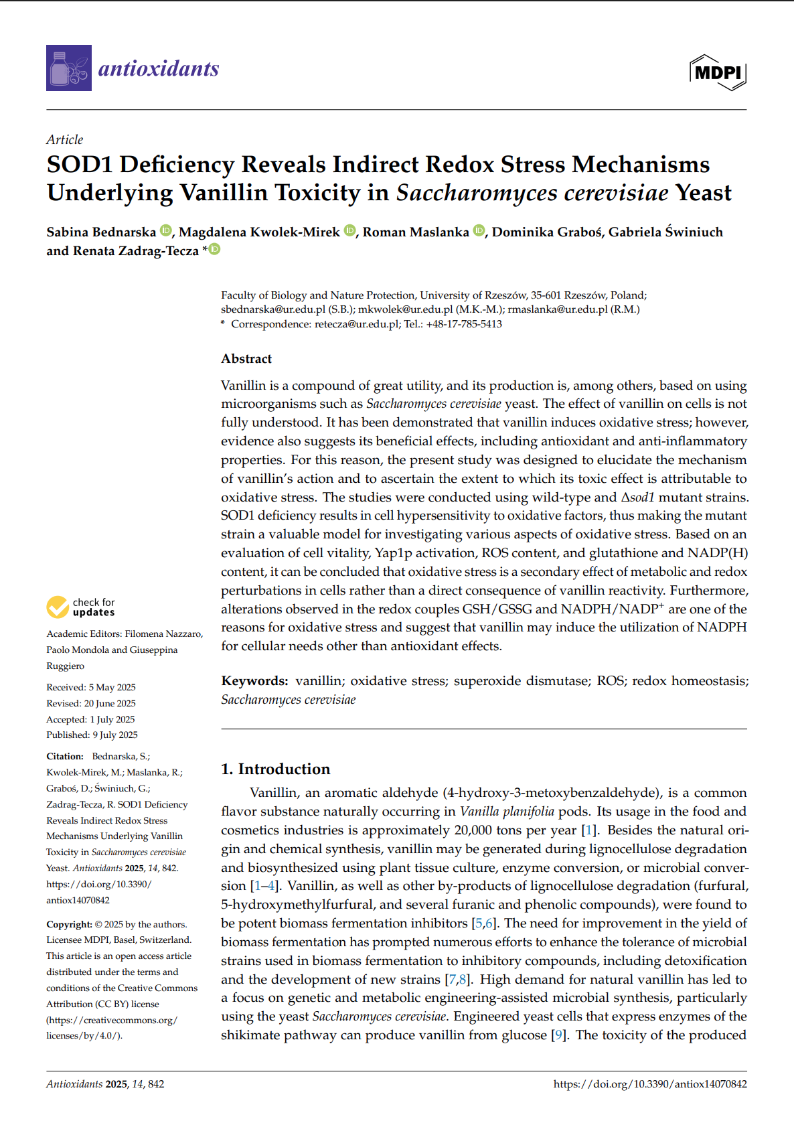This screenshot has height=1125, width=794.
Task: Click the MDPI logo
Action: coord(718,72)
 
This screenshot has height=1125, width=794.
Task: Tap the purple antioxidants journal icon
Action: coord(69,68)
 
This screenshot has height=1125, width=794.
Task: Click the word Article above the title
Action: coord(65,139)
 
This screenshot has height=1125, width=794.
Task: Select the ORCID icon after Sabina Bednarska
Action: coord(166,231)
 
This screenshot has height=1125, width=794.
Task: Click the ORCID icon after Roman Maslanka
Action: coord(479,231)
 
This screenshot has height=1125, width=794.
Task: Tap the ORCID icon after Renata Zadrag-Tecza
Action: coord(214,250)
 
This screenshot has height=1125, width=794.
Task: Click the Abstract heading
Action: coord(246,359)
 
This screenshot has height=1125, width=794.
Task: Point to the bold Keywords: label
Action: coord(254,681)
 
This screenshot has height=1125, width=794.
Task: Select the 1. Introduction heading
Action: coord(276,769)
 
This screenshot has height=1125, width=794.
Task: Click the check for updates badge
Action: coord(81,607)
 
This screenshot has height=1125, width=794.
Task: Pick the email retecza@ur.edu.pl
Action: coord(358,324)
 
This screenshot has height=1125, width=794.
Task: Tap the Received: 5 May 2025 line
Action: coord(91,687)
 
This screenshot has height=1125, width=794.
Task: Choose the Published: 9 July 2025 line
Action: coord(92,735)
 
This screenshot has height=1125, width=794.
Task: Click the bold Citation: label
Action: coord(65,756)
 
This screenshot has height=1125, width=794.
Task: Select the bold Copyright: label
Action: coord(69,924)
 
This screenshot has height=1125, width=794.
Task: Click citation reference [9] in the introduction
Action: coord(557,1035)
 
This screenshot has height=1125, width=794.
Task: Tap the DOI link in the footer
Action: coord(650,1084)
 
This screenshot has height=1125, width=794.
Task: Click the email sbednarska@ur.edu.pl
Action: coord(273,309)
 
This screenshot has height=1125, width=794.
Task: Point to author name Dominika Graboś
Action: coord(546,232)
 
